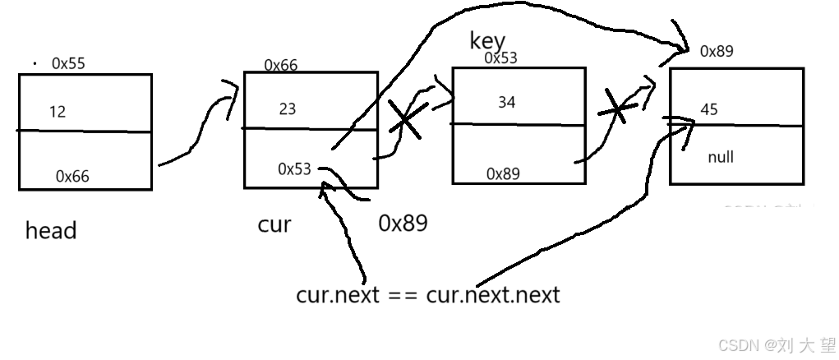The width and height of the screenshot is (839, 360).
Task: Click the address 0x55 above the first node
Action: pyautogui.click(x=69, y=62)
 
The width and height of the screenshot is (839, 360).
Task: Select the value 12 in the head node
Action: pyautogui.click(x=58, y=111)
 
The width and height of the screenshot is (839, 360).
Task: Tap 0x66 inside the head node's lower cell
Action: pyautogui.click(x=73, y=176)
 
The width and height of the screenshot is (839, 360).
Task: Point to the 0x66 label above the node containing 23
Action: pyautogui.click(x=281, y=65)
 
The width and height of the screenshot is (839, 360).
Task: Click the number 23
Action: pyautogui.click(x=288, y=108)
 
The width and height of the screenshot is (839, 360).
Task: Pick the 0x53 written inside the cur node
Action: pyautogui.click(x=294, y=169)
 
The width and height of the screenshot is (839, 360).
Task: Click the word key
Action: pyautogui.click(x=487, y=41)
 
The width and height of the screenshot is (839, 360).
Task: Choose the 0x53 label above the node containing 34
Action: pyautogui.click(x=500, y=58)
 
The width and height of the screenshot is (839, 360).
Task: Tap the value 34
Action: pyautogui.click(x=508, y=103)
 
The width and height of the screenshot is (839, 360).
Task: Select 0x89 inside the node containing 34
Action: pyautogui.click(x=503, y=173)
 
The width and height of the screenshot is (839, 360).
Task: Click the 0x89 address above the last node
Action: pyautogui.click(x=717, y=51)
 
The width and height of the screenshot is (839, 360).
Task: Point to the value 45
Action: pyautogui.click(x=708, y=109)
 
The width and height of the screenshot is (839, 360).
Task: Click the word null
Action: pyautogui.click(x=721, y=157)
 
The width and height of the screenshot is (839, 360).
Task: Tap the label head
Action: pyautogui.click(x=51, y=231)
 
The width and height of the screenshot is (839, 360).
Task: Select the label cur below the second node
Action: pyautogui.click(x=274, y=224)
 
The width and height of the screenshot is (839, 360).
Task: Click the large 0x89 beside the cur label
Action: pyautogui.click(x=403, y=223)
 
